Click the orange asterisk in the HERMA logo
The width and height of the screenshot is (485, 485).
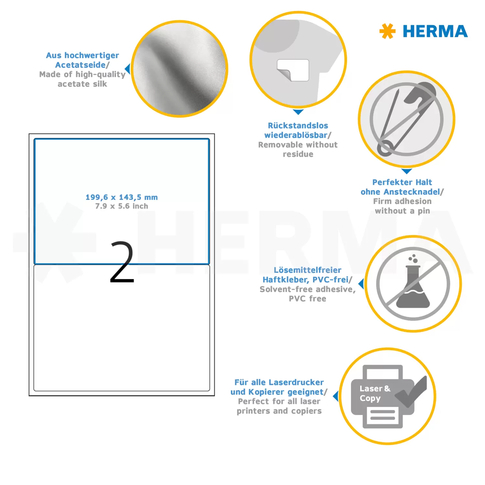[x=387, y=31]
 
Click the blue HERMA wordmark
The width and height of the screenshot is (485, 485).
[x=435, y=31]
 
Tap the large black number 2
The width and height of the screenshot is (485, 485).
[x=122, y=262]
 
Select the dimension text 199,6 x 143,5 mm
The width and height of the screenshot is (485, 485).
[x=122, y=197]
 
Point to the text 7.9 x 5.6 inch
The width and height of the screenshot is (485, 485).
[x=122, y=206]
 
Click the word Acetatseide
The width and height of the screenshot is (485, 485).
[x=81, y=65]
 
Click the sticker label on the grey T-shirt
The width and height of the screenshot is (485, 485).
[x=293, y=70]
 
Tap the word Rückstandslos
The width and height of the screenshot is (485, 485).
[x=298, y=125]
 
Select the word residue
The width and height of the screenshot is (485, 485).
[x=298, y=154]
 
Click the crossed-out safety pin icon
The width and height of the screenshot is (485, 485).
[x=407, y=119]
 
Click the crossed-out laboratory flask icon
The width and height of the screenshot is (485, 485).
[x=413, y=284]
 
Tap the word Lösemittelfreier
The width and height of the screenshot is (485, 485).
[x=307, y=270]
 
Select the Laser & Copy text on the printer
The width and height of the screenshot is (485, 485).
[x=375, y=393]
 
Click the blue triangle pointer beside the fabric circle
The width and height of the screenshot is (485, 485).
[x=128, y=69]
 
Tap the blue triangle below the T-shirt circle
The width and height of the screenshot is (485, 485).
[x=298, y=112]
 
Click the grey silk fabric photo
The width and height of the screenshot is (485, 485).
[x=180, y=69]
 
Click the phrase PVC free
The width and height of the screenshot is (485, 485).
[x=307, y=299]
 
